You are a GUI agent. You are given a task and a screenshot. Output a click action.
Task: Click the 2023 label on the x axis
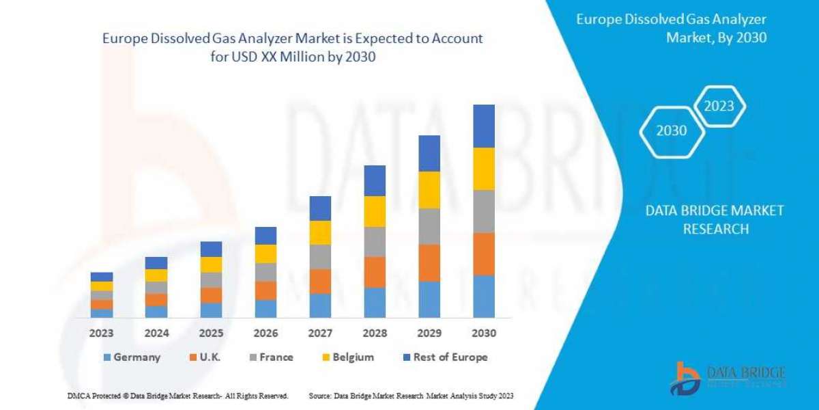[x=102, y=333]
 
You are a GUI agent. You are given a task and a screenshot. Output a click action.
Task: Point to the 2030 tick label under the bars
[x=483, y=333]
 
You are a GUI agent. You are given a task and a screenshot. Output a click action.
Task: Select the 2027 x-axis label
[x=320, y=333]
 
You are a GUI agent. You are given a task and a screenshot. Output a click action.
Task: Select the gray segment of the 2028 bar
[x=375, y=241]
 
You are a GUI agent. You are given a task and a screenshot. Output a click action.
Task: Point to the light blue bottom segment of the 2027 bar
[x=320, y=305]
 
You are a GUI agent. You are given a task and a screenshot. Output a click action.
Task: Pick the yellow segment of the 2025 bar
[x=211, y=264]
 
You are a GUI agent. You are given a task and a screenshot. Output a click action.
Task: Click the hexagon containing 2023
[x=719, y=106]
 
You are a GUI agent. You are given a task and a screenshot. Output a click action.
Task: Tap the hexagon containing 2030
[x=672, y=130]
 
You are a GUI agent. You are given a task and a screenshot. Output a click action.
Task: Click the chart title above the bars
[x=292, y=48]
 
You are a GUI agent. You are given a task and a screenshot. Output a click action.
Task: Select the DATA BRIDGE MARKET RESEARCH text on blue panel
[x=715, y=219]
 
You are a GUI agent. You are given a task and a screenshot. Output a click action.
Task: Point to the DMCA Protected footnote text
[x=177, y=396]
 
